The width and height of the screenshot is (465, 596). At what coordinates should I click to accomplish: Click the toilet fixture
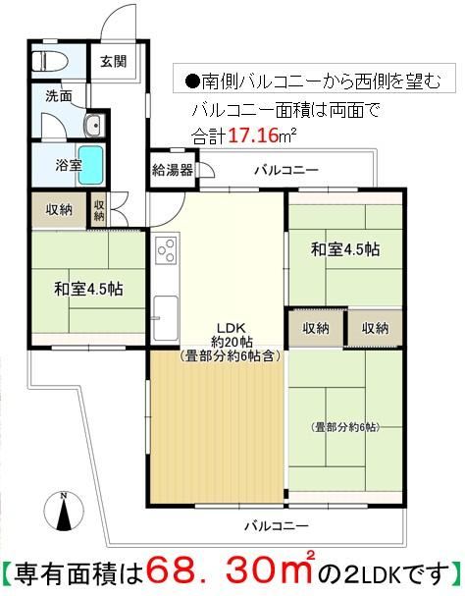coord(50,61)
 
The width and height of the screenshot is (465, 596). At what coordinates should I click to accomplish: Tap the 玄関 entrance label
coord(114,61)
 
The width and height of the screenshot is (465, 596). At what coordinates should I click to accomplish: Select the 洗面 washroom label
coord(59,96)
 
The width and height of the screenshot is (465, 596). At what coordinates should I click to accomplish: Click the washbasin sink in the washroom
coord(93,125)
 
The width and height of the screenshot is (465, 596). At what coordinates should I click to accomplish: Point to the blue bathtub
coord(91,165)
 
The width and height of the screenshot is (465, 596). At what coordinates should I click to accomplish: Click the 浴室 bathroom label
coord(69,165)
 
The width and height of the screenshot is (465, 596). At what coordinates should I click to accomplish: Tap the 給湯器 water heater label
coord(173,170)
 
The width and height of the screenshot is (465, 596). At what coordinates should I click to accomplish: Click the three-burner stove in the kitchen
coord(167,249)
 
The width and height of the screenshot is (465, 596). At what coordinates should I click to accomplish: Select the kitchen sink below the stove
coord(166,318)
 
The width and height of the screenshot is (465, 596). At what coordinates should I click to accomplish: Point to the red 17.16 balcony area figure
coord(253,135)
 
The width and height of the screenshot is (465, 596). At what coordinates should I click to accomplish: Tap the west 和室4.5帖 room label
coord(88,289)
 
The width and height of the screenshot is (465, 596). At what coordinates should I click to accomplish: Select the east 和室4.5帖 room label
coord(345,249)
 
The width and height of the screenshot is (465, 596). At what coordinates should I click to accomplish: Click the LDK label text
coord(232,327)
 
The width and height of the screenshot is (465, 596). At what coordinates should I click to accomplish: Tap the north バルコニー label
coord(286,170)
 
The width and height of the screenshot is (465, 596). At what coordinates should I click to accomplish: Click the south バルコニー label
coord(277,526)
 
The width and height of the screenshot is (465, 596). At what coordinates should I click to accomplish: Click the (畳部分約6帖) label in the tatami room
coord(346,428)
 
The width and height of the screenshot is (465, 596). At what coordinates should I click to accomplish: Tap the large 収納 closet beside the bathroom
coord(59,210)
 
